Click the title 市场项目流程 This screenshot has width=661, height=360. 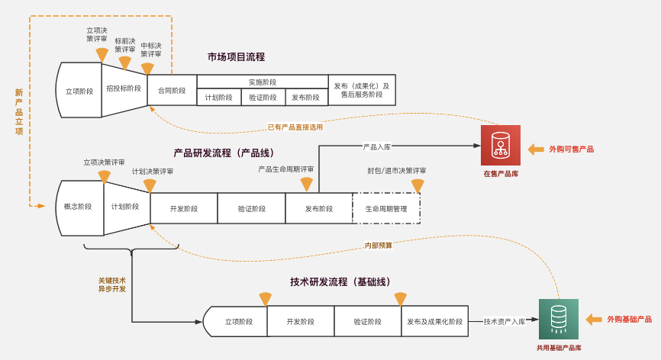[x=236, y=57]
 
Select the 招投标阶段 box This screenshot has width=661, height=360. [x=124, y=88]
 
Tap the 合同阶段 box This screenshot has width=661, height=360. [x=172, y=90]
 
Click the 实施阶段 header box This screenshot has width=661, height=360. [x=263, y=82]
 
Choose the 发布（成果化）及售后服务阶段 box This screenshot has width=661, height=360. [x=362, y=90]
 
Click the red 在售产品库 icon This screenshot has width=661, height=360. [x=501, y=145]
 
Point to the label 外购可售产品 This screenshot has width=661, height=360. [x=571, y=149]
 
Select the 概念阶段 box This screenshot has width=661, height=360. [x=78, y=207]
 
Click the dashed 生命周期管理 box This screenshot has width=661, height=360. [x=386, y=208]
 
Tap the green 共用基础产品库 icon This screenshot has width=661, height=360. [x=559, y=319]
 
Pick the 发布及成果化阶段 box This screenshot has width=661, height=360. [x=434, y=322]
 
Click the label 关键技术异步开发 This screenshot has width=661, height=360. [x=112, y=284]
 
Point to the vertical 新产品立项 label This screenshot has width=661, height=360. [x=19, y=112]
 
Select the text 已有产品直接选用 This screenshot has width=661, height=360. [x=295, y=127]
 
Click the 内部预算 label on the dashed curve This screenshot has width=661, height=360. [x=379, y=246]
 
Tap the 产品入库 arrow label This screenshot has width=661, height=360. [x=377, y=146]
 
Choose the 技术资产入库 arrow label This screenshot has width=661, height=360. [x=505, y=322]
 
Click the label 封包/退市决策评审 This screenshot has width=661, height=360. [x=397, y=171]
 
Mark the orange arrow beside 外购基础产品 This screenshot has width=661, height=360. [x=594, y=320]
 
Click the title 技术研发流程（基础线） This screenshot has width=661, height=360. [x=340, y=282]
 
